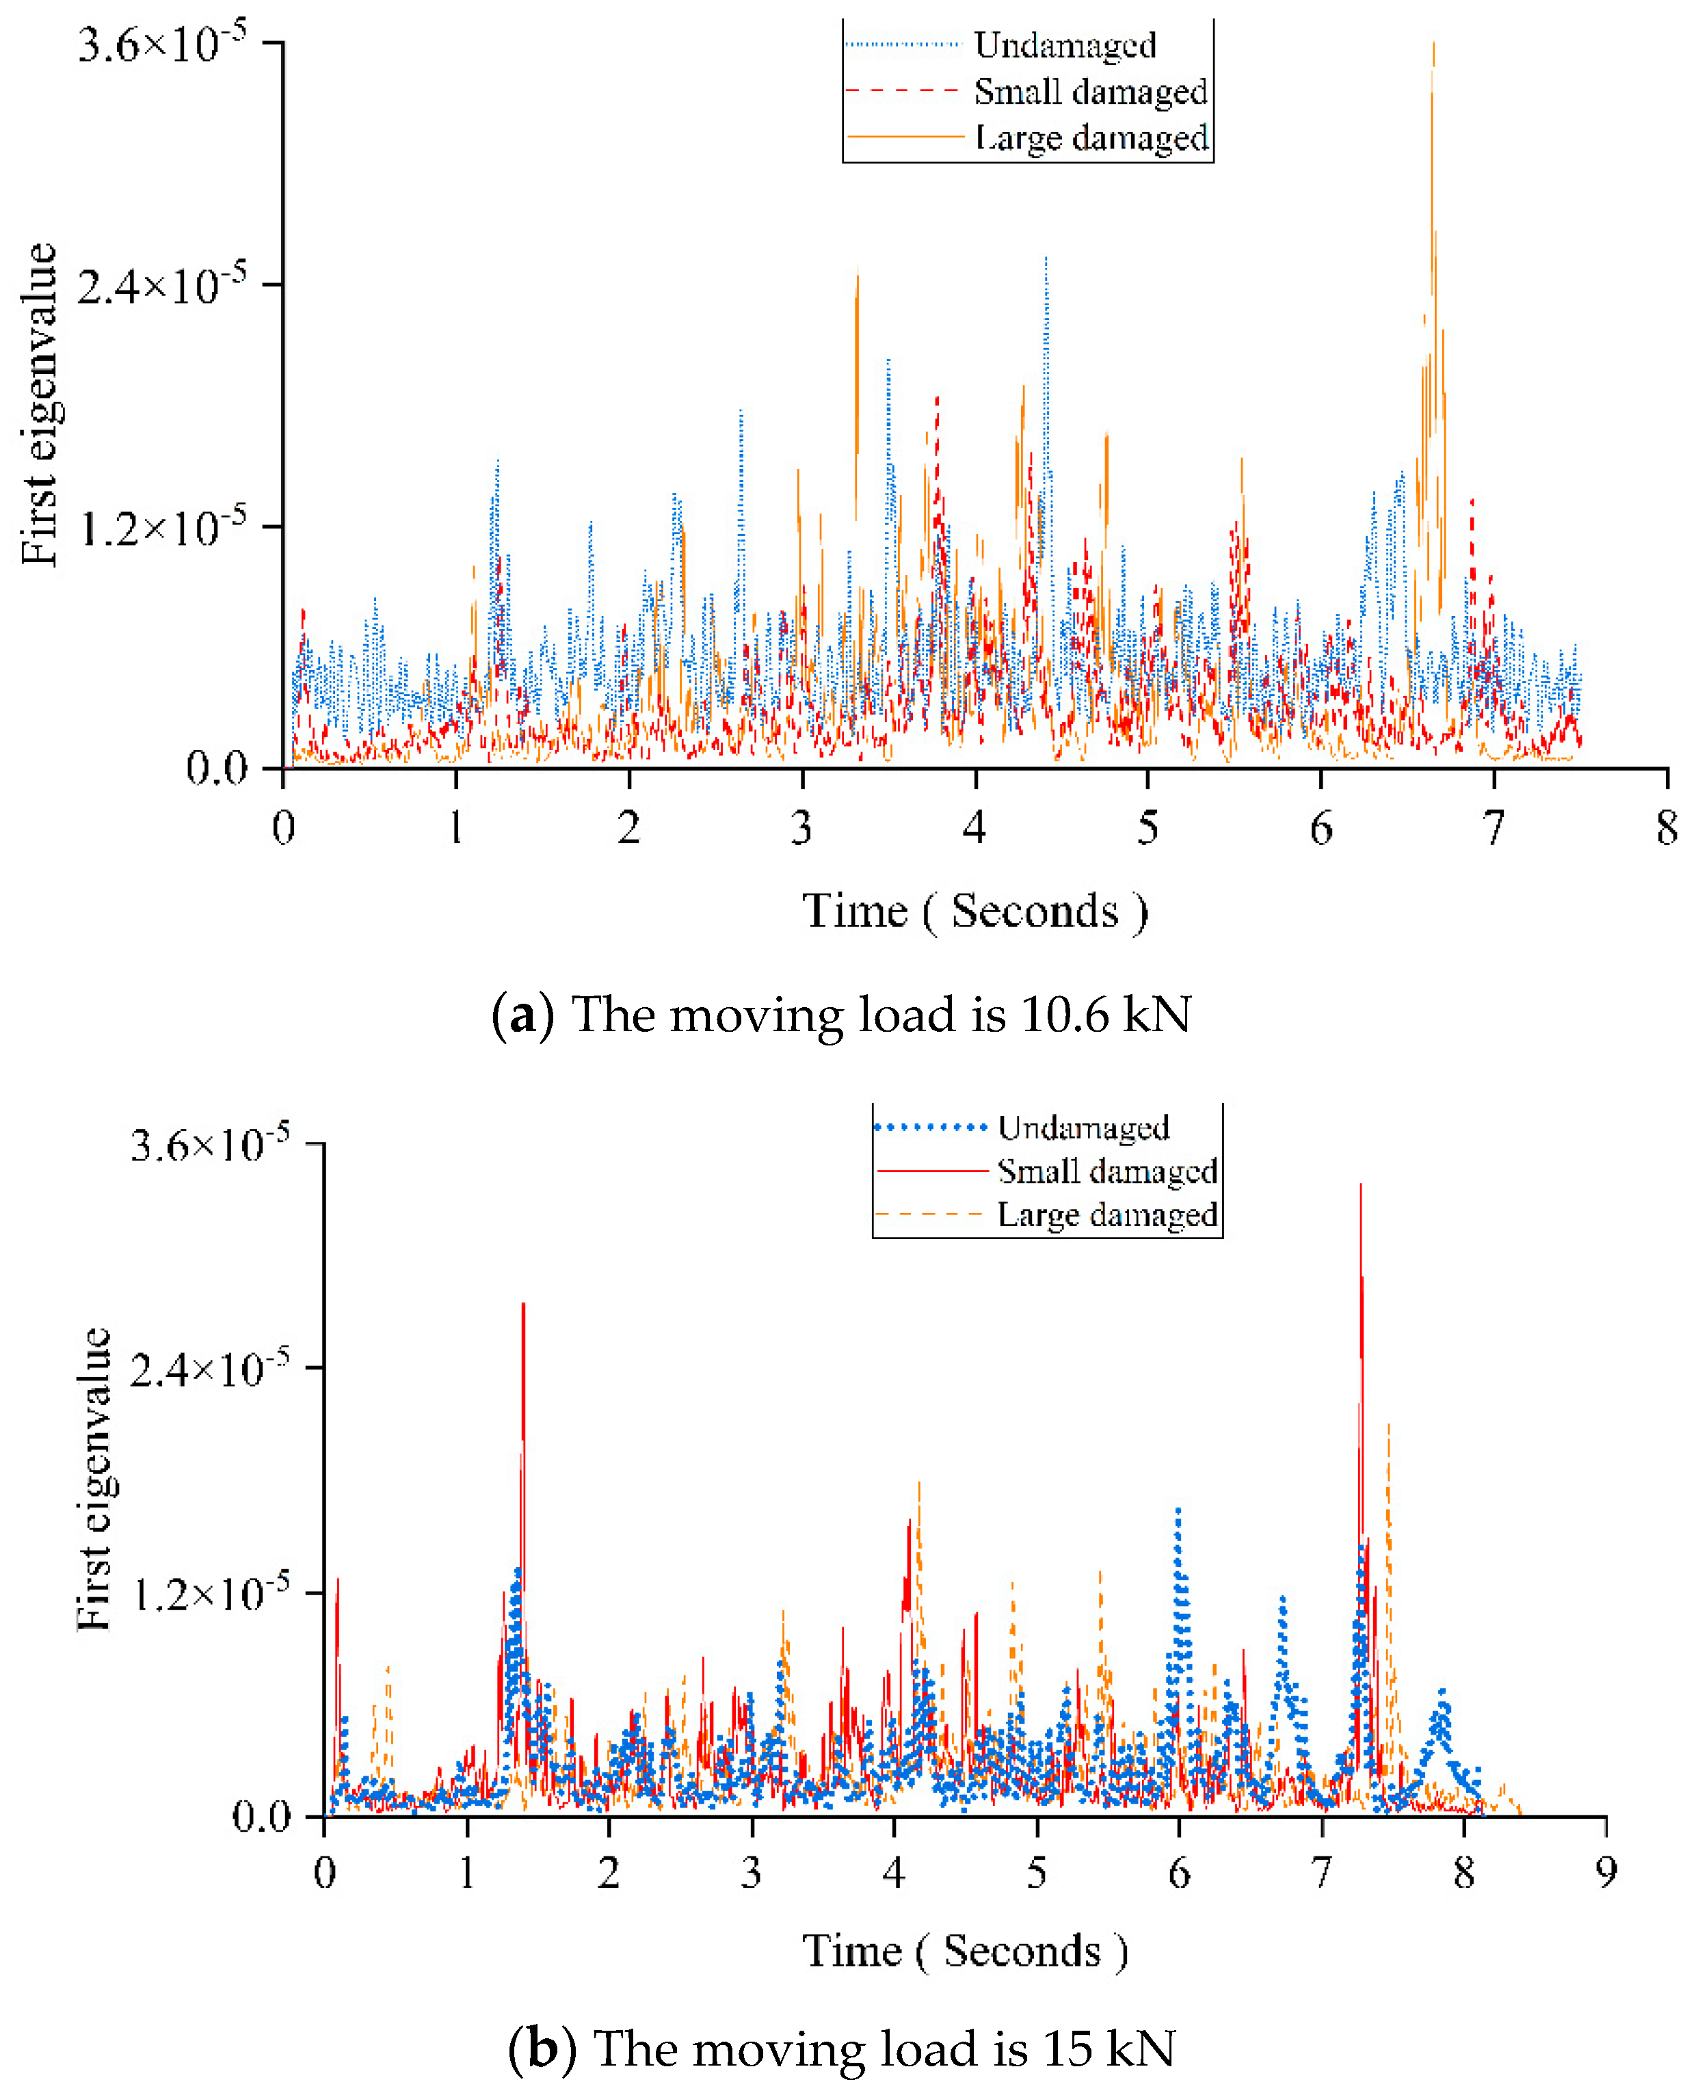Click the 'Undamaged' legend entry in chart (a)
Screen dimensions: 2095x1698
(1064, 45)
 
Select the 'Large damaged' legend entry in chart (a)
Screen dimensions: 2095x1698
(1091, 138)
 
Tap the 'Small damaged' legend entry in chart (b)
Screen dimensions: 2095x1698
(1106, 1171)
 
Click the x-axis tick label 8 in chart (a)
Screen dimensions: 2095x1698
(1667, 829)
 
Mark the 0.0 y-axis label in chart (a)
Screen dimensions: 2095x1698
(217, 768)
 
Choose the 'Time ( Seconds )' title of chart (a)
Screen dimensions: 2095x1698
(975, 911)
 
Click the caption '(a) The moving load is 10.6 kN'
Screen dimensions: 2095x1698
(841, 1013)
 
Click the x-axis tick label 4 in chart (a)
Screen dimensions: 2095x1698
(974, 829)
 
